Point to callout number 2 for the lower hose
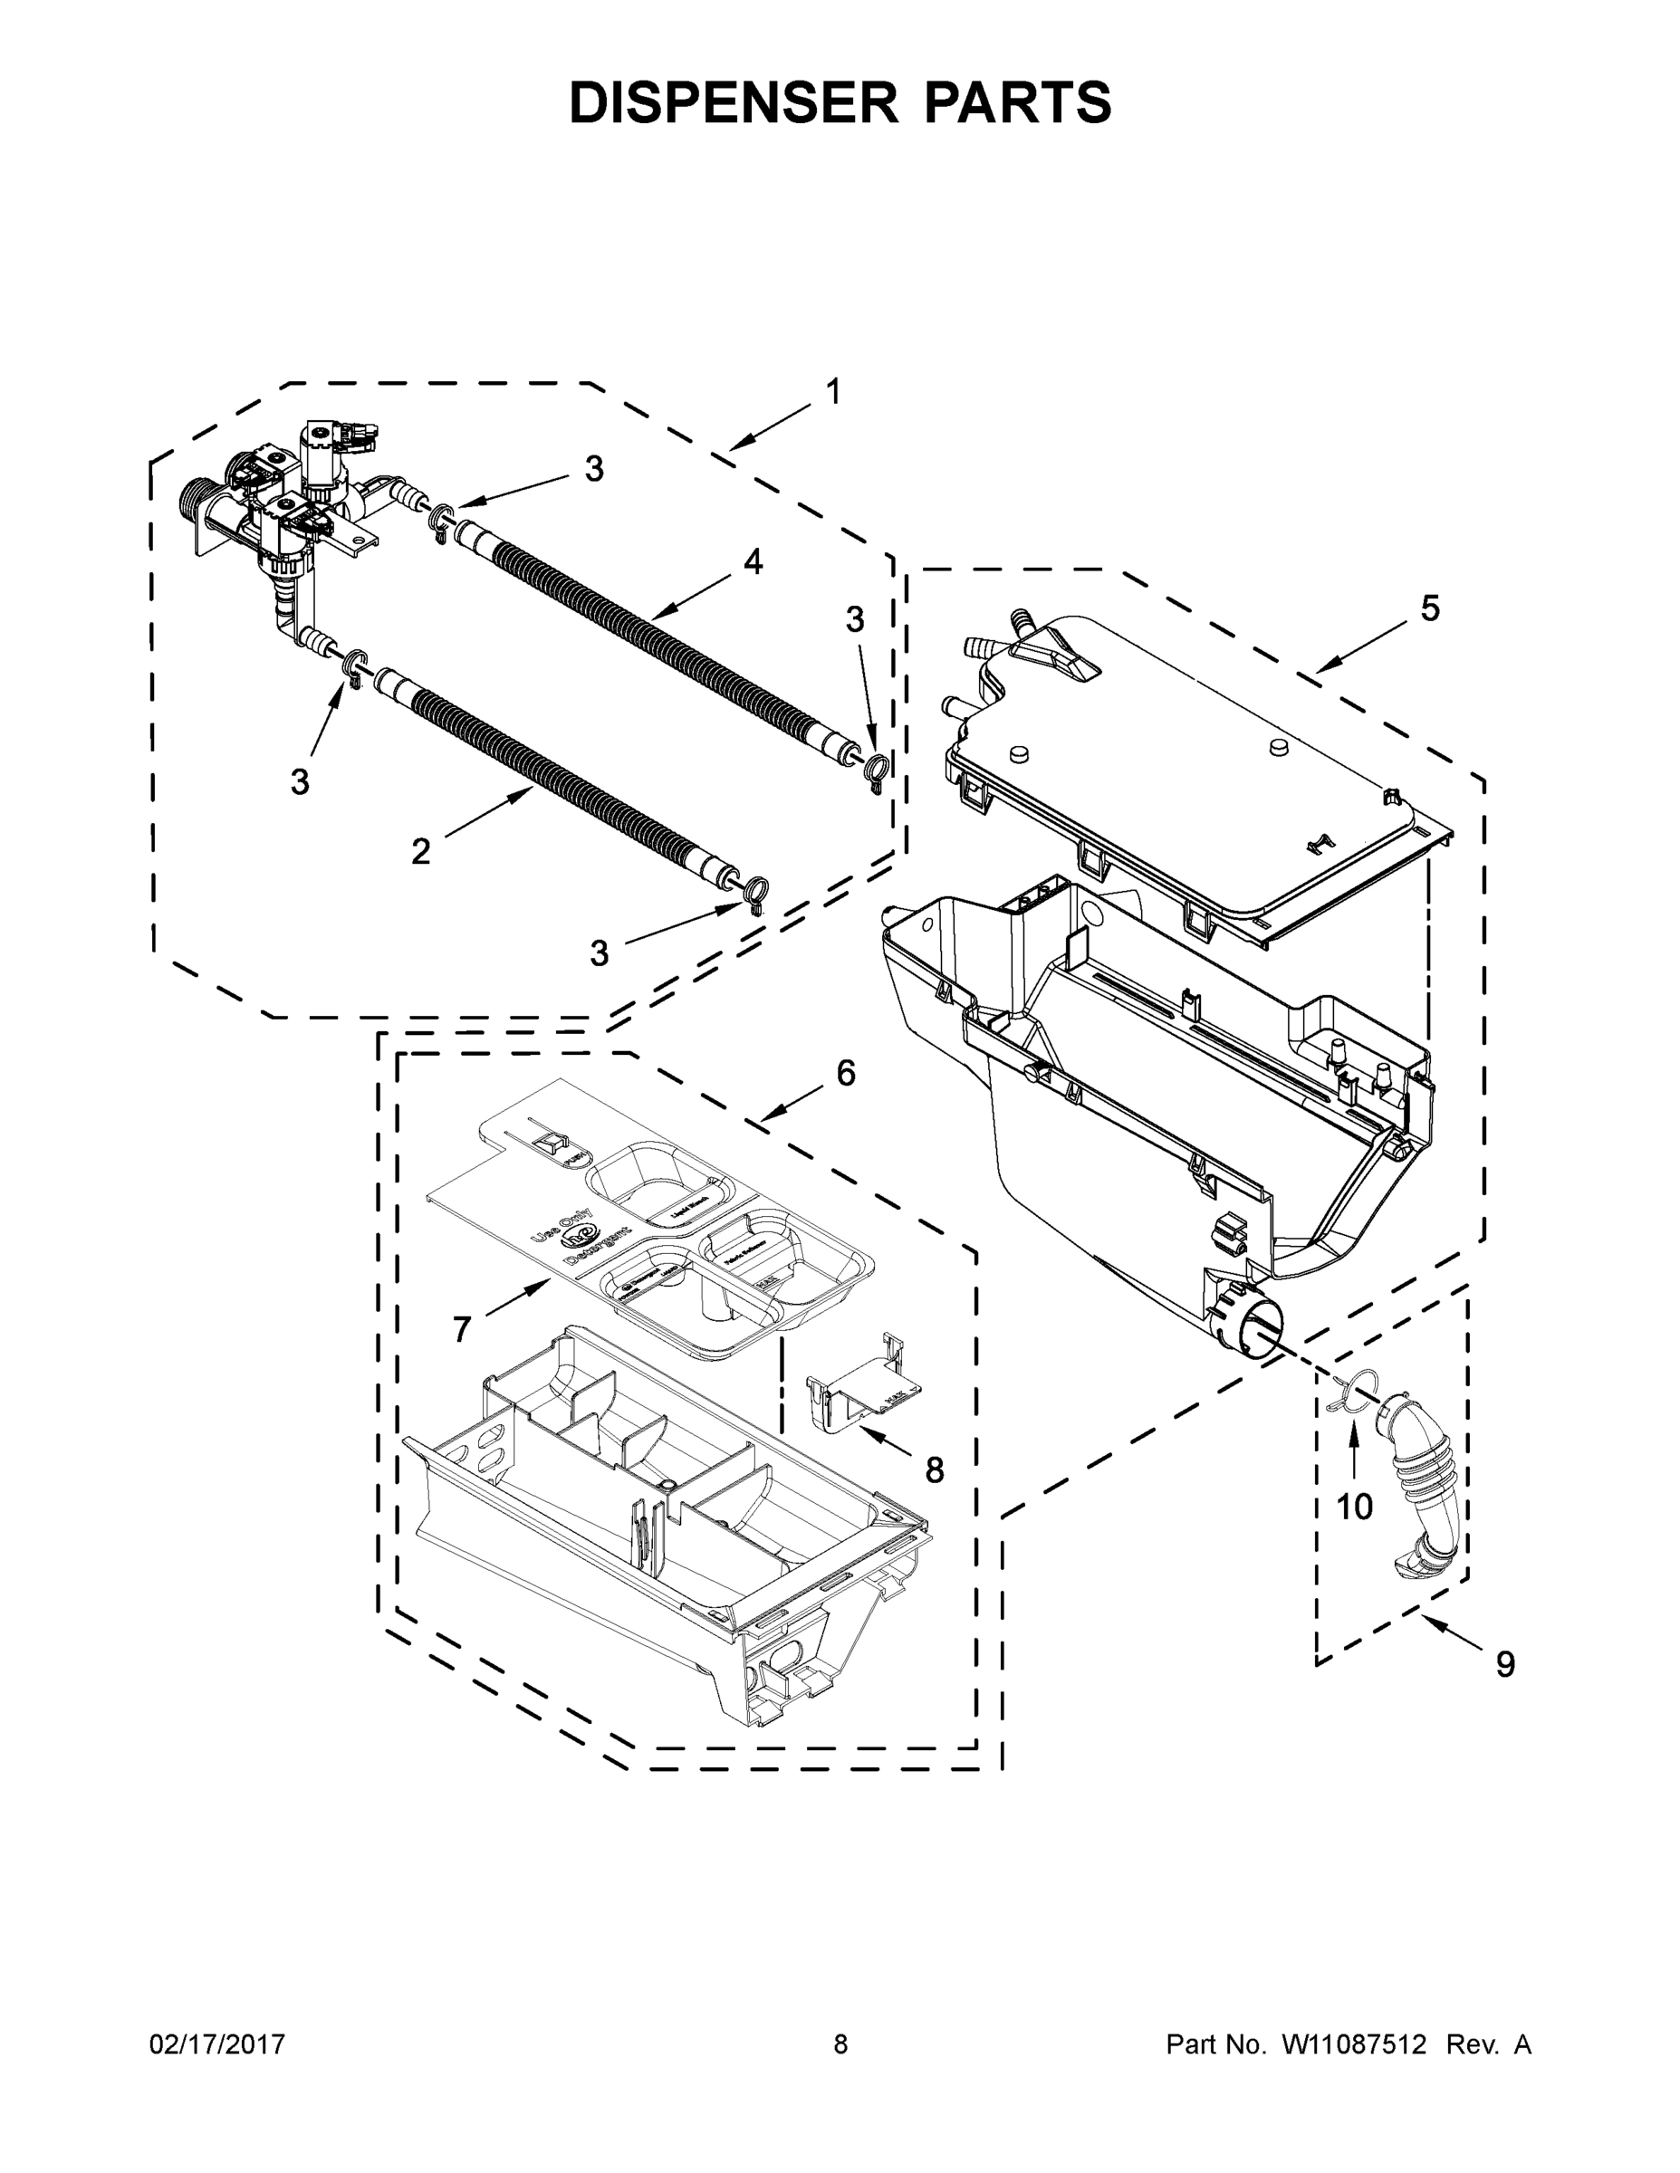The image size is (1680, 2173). [x=421, y=851]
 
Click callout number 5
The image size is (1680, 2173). [x=1429, y=609]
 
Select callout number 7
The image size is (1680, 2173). [x=462, y=1328]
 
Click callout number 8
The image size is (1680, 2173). [x=934, y=1469]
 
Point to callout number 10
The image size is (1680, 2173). [x=1354, y=1508]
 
